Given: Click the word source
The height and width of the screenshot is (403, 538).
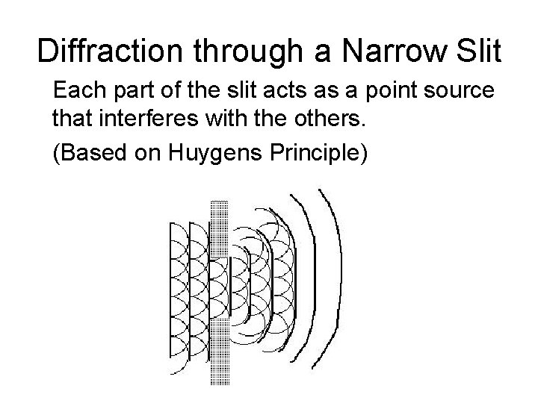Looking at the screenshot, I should point(460,92).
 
